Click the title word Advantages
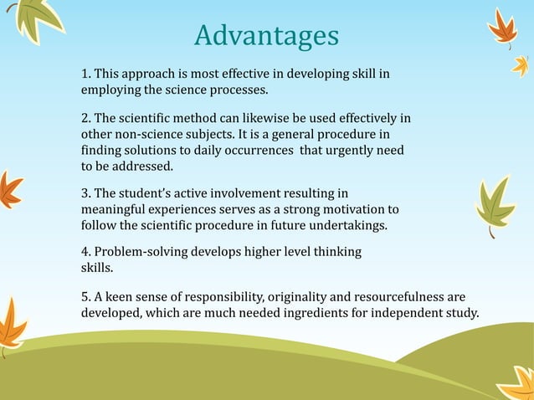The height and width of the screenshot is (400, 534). (x=266, y=36)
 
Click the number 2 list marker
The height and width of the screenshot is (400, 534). (x=85, y=119)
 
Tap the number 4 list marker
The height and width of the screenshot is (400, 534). (x=85, y=252)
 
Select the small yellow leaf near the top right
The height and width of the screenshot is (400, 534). (x=521, y=64)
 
